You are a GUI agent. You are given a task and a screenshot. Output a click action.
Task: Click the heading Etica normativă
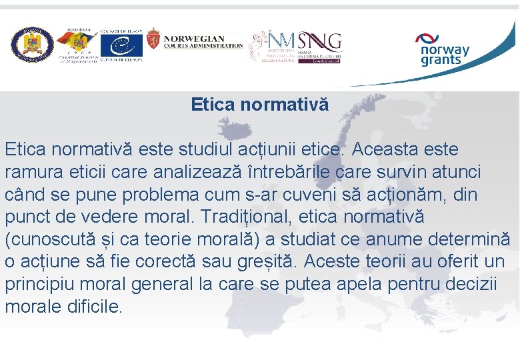259,105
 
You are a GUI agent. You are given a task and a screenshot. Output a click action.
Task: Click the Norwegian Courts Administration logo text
203,42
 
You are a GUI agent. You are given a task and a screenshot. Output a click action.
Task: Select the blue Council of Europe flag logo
121,45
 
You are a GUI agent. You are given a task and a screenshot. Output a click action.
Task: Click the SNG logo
320,43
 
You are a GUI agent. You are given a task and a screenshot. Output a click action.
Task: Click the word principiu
41,285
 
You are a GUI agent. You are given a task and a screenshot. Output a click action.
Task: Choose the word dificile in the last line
89,307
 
